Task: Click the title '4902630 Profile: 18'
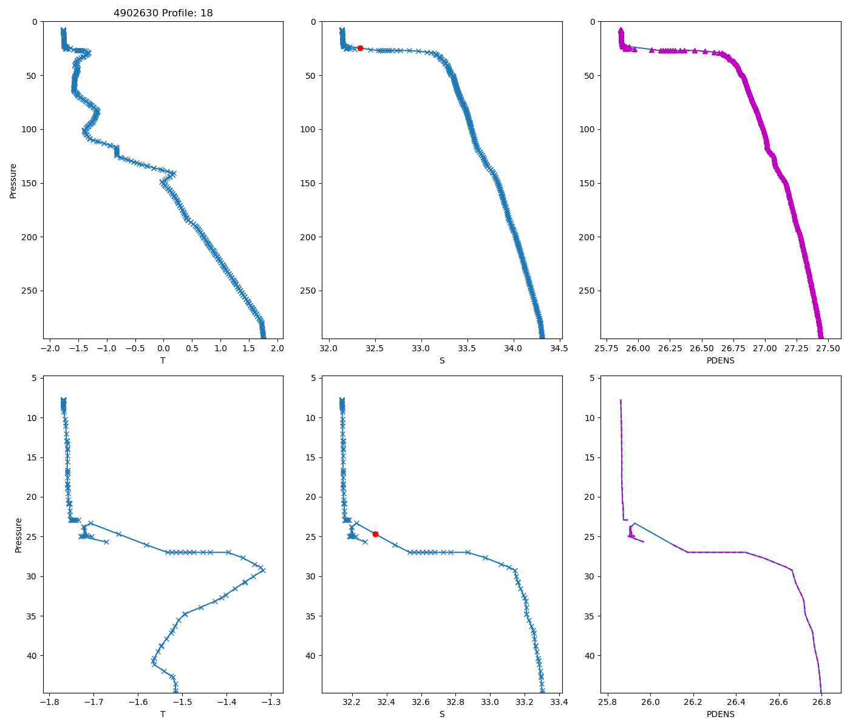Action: pyautogui.click(x=163, y=13)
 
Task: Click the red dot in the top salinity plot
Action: pyautogui.click(x=360, y=48)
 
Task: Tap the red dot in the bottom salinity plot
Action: pyautogui.click(x=375, y=534)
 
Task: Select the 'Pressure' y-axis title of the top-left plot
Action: pyautogui.click(x=13, y=180)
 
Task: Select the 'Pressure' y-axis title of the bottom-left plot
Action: pyautogui.click(x=18, y=534)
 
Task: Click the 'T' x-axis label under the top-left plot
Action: pyautogui.click(x=163, y=360)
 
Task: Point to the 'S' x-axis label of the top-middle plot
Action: pyautogui.click(x=442, y=360)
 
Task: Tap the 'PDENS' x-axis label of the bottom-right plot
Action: pyautogui.click(x=721, y=714)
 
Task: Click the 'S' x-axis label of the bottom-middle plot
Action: pyautogui.click(x=442, y=714)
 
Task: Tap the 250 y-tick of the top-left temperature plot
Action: pyautogui.click(x=30, y=291)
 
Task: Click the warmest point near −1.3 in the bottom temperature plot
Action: pyautogui.click(x=263, y=570)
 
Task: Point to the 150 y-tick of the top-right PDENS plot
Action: pyautogui.click(x=587, y=183)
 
